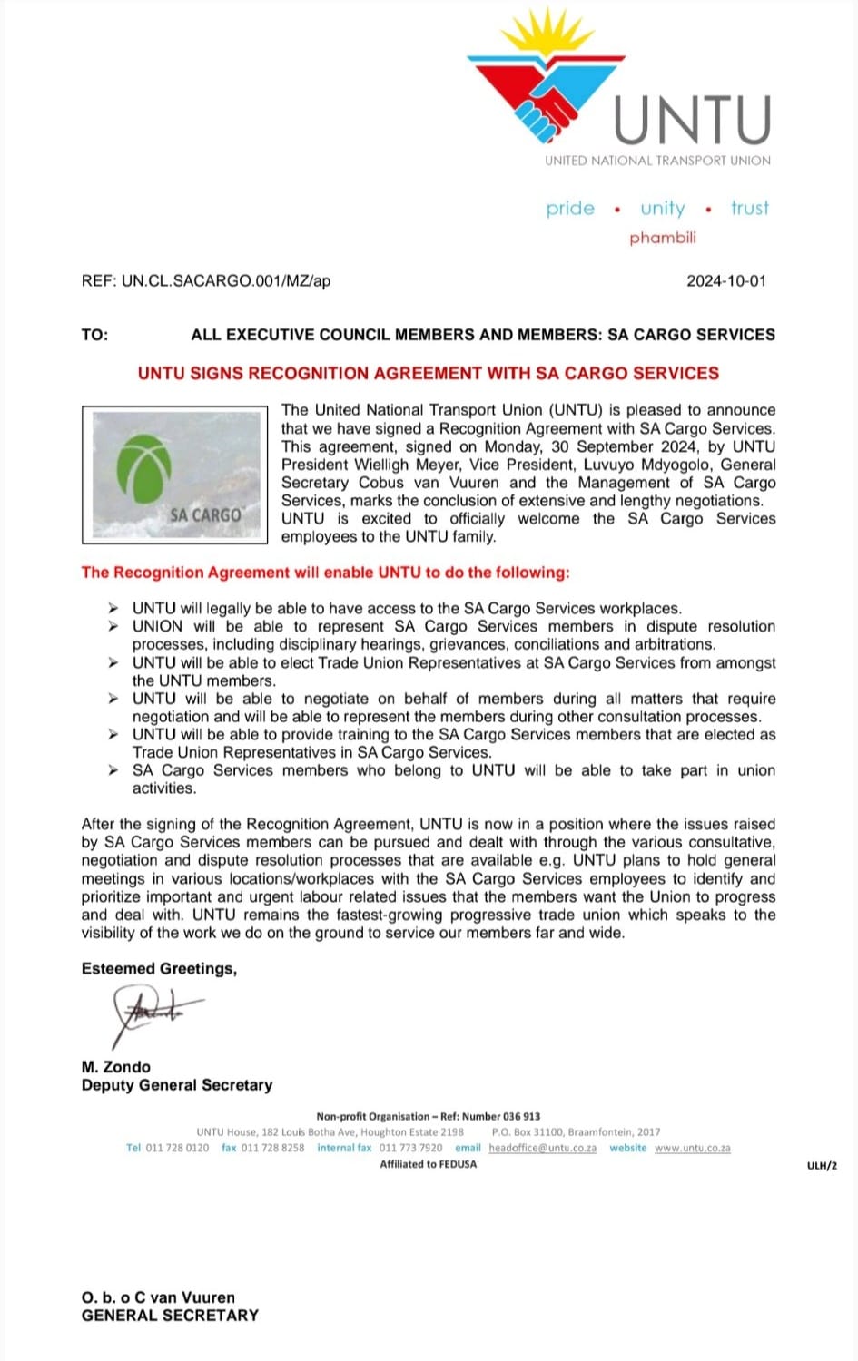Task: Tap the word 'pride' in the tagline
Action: [570, 209]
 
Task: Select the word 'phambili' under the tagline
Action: [663, 238]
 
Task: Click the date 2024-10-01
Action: [726, 281]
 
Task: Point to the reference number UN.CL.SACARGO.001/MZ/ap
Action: [226, 281]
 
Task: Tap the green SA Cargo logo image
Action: [174, 475]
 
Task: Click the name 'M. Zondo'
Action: [116, 1067]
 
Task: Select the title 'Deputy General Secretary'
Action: [177, 1085]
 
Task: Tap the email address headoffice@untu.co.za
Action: [542, 1148]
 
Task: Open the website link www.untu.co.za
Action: [692, 1148]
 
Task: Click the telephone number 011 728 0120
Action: [177, 1148]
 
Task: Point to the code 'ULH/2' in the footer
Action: [822, 1166]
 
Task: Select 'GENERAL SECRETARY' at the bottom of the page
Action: [170, 1316]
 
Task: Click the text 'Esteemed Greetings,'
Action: [159, 969]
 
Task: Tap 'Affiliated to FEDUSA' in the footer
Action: [428, 1164]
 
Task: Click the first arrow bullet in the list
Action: [113, 608]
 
